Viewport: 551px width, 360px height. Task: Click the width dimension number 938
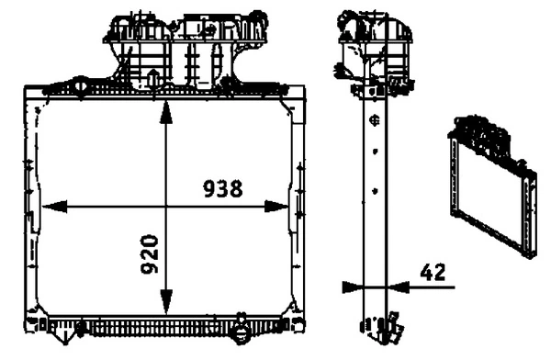click(x=222, y=189)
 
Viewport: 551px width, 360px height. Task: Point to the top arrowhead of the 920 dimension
click(x=165, y=109)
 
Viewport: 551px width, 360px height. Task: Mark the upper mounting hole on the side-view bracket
click(x=374, y=120)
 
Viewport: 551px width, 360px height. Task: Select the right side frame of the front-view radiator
click(x=296, y=207)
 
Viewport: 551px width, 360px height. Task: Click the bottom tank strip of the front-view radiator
click(x=165, y=326)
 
